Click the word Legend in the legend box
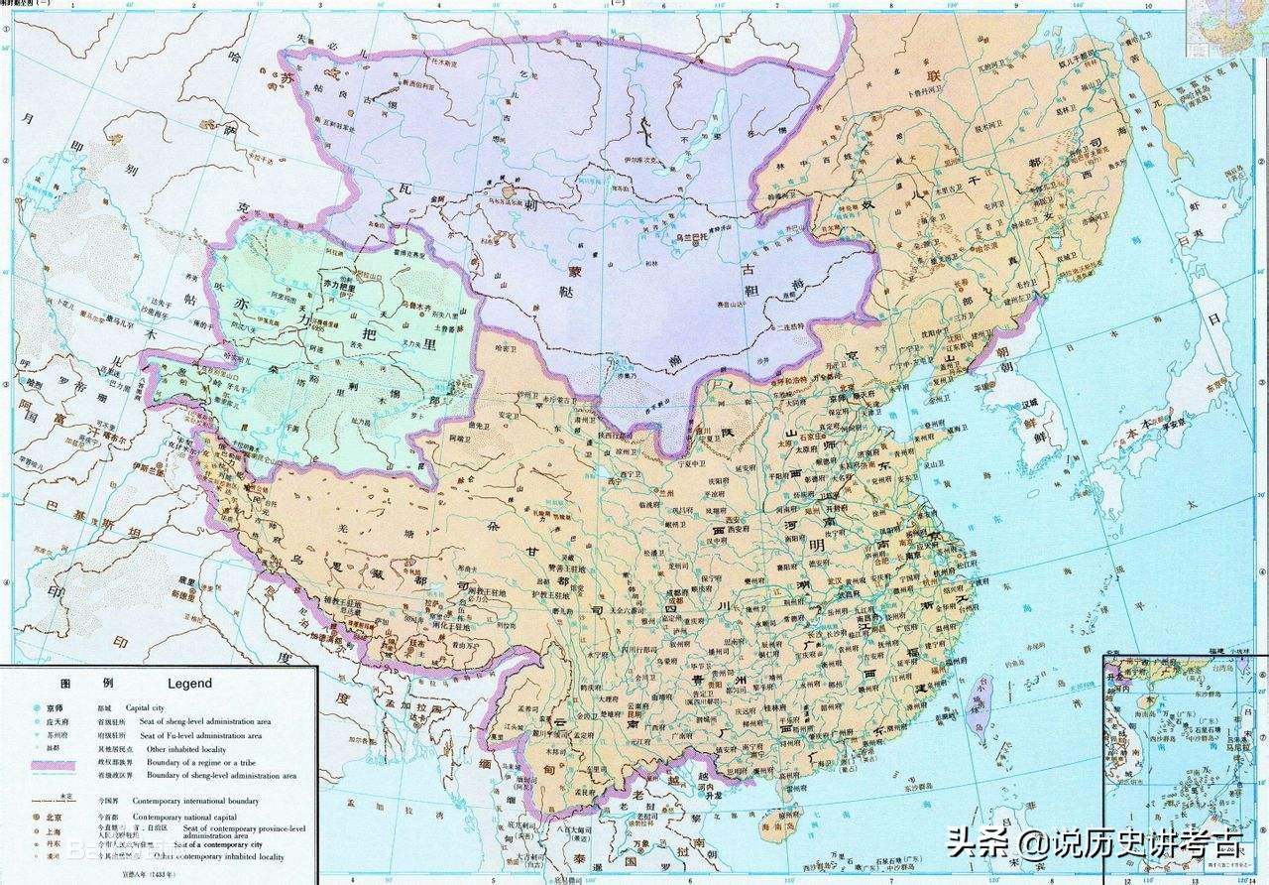pyautogui.click(x=189, y=684)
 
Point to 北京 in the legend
pyautogui.click(x=55, y=817)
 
